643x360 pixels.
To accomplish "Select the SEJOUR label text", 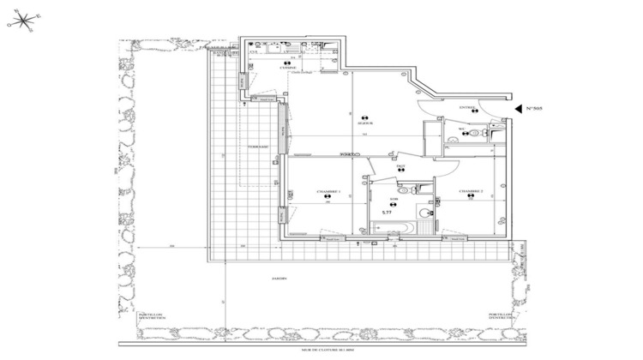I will [364, 123].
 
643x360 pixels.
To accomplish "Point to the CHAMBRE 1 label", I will [328, 191].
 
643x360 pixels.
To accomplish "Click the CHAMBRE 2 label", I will [471, 191].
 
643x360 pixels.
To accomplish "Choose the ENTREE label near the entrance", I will [467, 108].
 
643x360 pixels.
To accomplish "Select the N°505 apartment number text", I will [535, 109].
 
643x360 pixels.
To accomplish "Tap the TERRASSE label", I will [258, 147].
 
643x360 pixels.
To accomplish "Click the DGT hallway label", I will [400, 166].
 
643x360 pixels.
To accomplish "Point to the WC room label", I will [460, 129].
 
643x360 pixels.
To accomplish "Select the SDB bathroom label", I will [394, 199].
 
